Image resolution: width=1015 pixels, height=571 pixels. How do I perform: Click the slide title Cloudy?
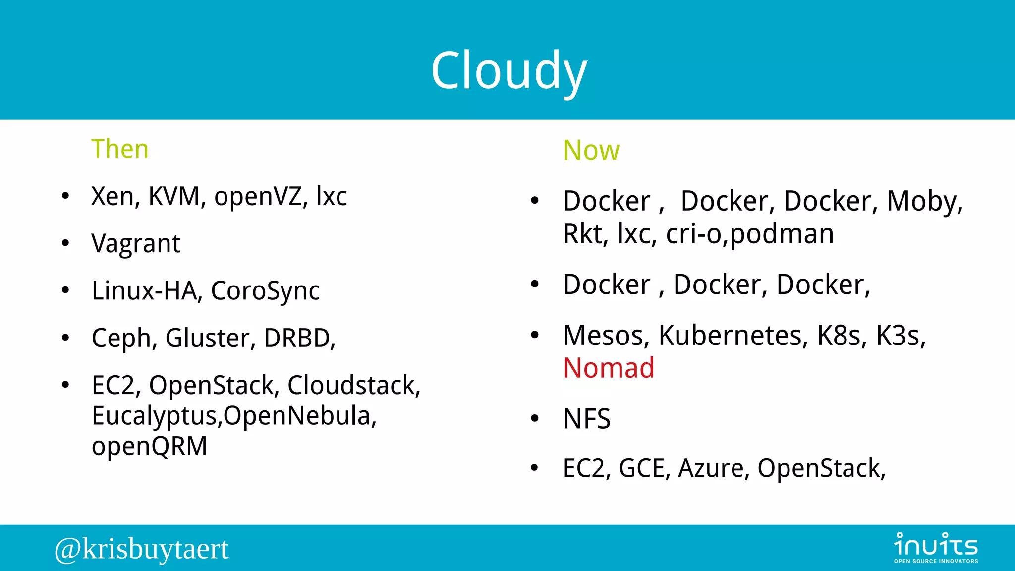(x=509, y=71)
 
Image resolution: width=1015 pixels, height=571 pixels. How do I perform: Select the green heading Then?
(x=120, y=149)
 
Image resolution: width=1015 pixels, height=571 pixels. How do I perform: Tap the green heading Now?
(x=591, y=150)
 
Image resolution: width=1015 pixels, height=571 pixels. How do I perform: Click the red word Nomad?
(x=609, y=368)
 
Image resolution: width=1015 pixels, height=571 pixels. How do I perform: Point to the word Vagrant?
(x=136, y=244)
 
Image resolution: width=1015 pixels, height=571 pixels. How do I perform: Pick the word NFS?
(x=587, y=419)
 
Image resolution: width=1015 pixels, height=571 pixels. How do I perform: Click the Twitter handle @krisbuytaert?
(x=142, y=549)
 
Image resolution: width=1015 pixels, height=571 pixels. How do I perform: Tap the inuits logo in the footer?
(x=936, y=547)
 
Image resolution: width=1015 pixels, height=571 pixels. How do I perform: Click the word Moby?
(x=924, y=201)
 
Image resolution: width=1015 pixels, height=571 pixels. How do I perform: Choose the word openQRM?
(x=149, y=446)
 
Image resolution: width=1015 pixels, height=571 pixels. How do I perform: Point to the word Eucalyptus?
(x=156, y=416)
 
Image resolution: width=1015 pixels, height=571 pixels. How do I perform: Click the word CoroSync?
(x=265, y=291)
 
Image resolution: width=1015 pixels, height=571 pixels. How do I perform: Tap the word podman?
(x=782, y=234)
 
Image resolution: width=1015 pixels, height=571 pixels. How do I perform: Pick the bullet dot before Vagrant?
(x=65, y=243)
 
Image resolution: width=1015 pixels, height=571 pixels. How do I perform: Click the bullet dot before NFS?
(x=534, y=419)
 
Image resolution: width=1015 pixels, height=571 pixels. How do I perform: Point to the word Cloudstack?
(x=354, y=385)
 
